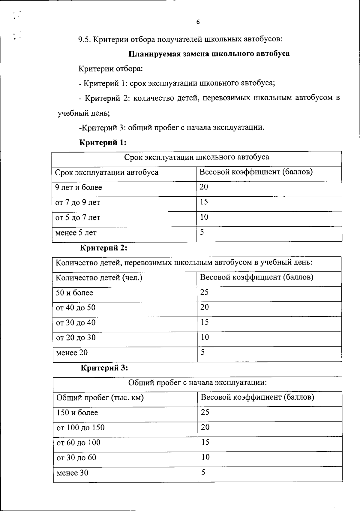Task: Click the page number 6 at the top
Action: click(x=198, y=22)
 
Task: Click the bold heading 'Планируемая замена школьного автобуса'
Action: click(x=209, y=54)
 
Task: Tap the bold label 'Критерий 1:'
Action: click(x=103, y=142)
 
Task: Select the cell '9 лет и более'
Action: click(x=79, y=187)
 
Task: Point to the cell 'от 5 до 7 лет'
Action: click(x=78, y=217)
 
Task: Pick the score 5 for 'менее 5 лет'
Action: click(x=202, y=232)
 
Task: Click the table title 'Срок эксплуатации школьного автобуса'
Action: click(x=196, y=157)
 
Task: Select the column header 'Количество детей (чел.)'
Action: click(x=99, y=277)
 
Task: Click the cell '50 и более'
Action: click(x=74, y=292)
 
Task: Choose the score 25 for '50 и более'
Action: click(x=204, y=292)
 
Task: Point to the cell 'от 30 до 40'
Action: click(x=76, y=322)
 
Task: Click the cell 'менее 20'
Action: click(x=72, y=352)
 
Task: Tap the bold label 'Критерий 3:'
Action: click(x=104, y=368)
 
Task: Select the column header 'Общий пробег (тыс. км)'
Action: click(x=100, y=398)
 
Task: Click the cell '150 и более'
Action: click(x=77, y=413)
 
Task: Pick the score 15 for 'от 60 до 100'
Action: click(x=205, y=442)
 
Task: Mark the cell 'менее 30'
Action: click(x=72, y=473)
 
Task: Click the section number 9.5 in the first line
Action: click(x=85, y=39)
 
